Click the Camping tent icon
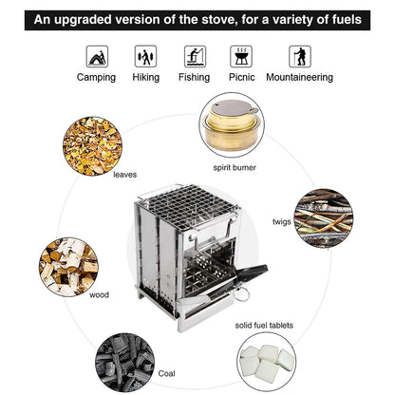pyautogui.click(x=96, y=56)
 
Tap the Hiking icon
pyautogui.click(x=145, y=56)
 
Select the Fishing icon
pyautogui.click(x=194, y=56)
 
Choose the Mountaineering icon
pyautogui.click(x=299, y=56)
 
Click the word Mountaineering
pyautogui.click(x=299, y=77)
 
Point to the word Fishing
pyautogui.click(x=194, y=77)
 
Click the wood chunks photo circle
pyautogui.click(x=69, y=265)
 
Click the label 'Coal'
pyautogui.click(x=167, y=374)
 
